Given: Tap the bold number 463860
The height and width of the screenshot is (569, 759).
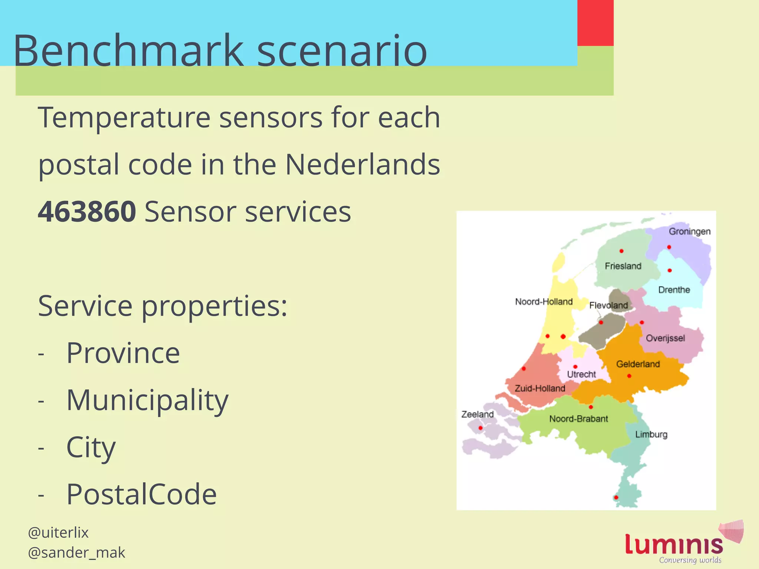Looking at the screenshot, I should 87,212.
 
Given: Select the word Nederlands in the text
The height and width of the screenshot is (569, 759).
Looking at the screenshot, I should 362,164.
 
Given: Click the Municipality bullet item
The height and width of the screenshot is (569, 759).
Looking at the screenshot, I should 147,400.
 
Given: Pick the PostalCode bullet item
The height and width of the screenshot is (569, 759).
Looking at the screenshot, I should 141,494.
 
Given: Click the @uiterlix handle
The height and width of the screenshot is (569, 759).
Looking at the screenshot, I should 58,533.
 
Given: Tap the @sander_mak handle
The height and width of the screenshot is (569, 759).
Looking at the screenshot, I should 76,553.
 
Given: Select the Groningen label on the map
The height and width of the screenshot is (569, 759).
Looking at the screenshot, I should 689,232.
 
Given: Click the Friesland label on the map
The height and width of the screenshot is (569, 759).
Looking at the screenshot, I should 623,266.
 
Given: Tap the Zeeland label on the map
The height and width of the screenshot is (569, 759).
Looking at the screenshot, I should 477,414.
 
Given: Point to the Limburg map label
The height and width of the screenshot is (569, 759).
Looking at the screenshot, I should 651,434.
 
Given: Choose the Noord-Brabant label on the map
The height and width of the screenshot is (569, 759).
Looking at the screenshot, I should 579,419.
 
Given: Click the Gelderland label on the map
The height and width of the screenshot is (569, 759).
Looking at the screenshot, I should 638,364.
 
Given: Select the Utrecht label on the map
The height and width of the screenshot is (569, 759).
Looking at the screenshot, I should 581,375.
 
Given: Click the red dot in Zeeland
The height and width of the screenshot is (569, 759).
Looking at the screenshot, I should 481,428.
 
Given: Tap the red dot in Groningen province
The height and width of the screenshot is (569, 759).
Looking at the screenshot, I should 669,247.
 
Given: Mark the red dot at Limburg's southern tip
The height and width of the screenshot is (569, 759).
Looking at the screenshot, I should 616,498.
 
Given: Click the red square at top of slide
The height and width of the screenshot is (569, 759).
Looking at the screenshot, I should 595,23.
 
